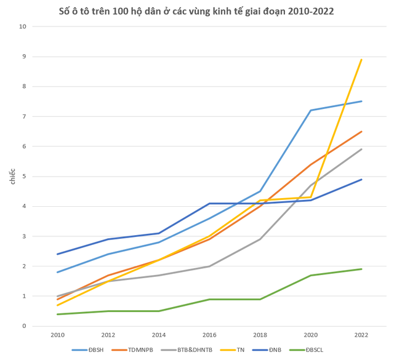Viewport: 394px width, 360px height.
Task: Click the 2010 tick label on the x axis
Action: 57,335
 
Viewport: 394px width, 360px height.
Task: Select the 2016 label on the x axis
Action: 209,335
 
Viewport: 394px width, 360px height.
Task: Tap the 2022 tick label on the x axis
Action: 361,335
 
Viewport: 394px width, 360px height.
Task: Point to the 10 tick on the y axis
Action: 23,26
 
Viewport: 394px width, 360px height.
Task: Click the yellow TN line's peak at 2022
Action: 361,60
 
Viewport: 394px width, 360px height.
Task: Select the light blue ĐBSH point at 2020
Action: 311,111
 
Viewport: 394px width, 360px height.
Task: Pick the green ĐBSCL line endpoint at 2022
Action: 361,269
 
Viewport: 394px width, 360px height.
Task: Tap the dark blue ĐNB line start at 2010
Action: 57,254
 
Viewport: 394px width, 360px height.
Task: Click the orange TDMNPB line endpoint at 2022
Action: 361,132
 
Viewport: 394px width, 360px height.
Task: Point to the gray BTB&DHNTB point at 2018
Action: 260,239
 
